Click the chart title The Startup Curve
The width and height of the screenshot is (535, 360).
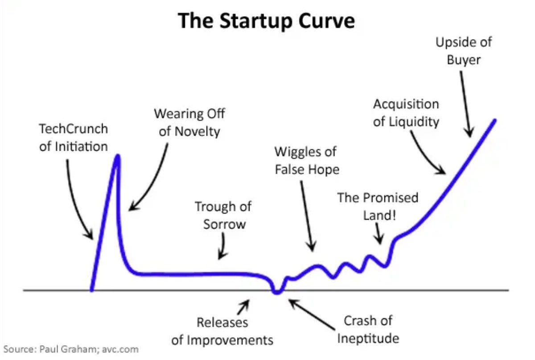click(x=267, y=21)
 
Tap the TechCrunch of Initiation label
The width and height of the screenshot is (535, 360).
click(x=74, y=137)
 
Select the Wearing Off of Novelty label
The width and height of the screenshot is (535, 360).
click(x=189, y=122)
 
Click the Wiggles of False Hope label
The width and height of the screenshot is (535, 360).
click(x=306, y=161)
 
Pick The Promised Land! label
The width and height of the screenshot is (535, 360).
click(x=378, y=206)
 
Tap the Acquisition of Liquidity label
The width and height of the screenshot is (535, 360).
click(x=406, y=113)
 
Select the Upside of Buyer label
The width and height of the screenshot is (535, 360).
click(x=464, y=51)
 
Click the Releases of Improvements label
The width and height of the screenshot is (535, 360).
click(x=222, y=331)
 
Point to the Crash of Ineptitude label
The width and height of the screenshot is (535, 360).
click(x=368, y=329)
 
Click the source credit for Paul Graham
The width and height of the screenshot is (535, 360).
click(x=71, y=349)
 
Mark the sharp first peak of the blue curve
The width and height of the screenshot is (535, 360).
click(x=118, y=156)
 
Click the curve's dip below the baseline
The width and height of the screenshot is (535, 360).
click(x=277, y=292)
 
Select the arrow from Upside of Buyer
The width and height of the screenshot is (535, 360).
click(x=465, y=103)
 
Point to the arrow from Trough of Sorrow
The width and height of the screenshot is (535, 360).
click(x=222, y=247)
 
